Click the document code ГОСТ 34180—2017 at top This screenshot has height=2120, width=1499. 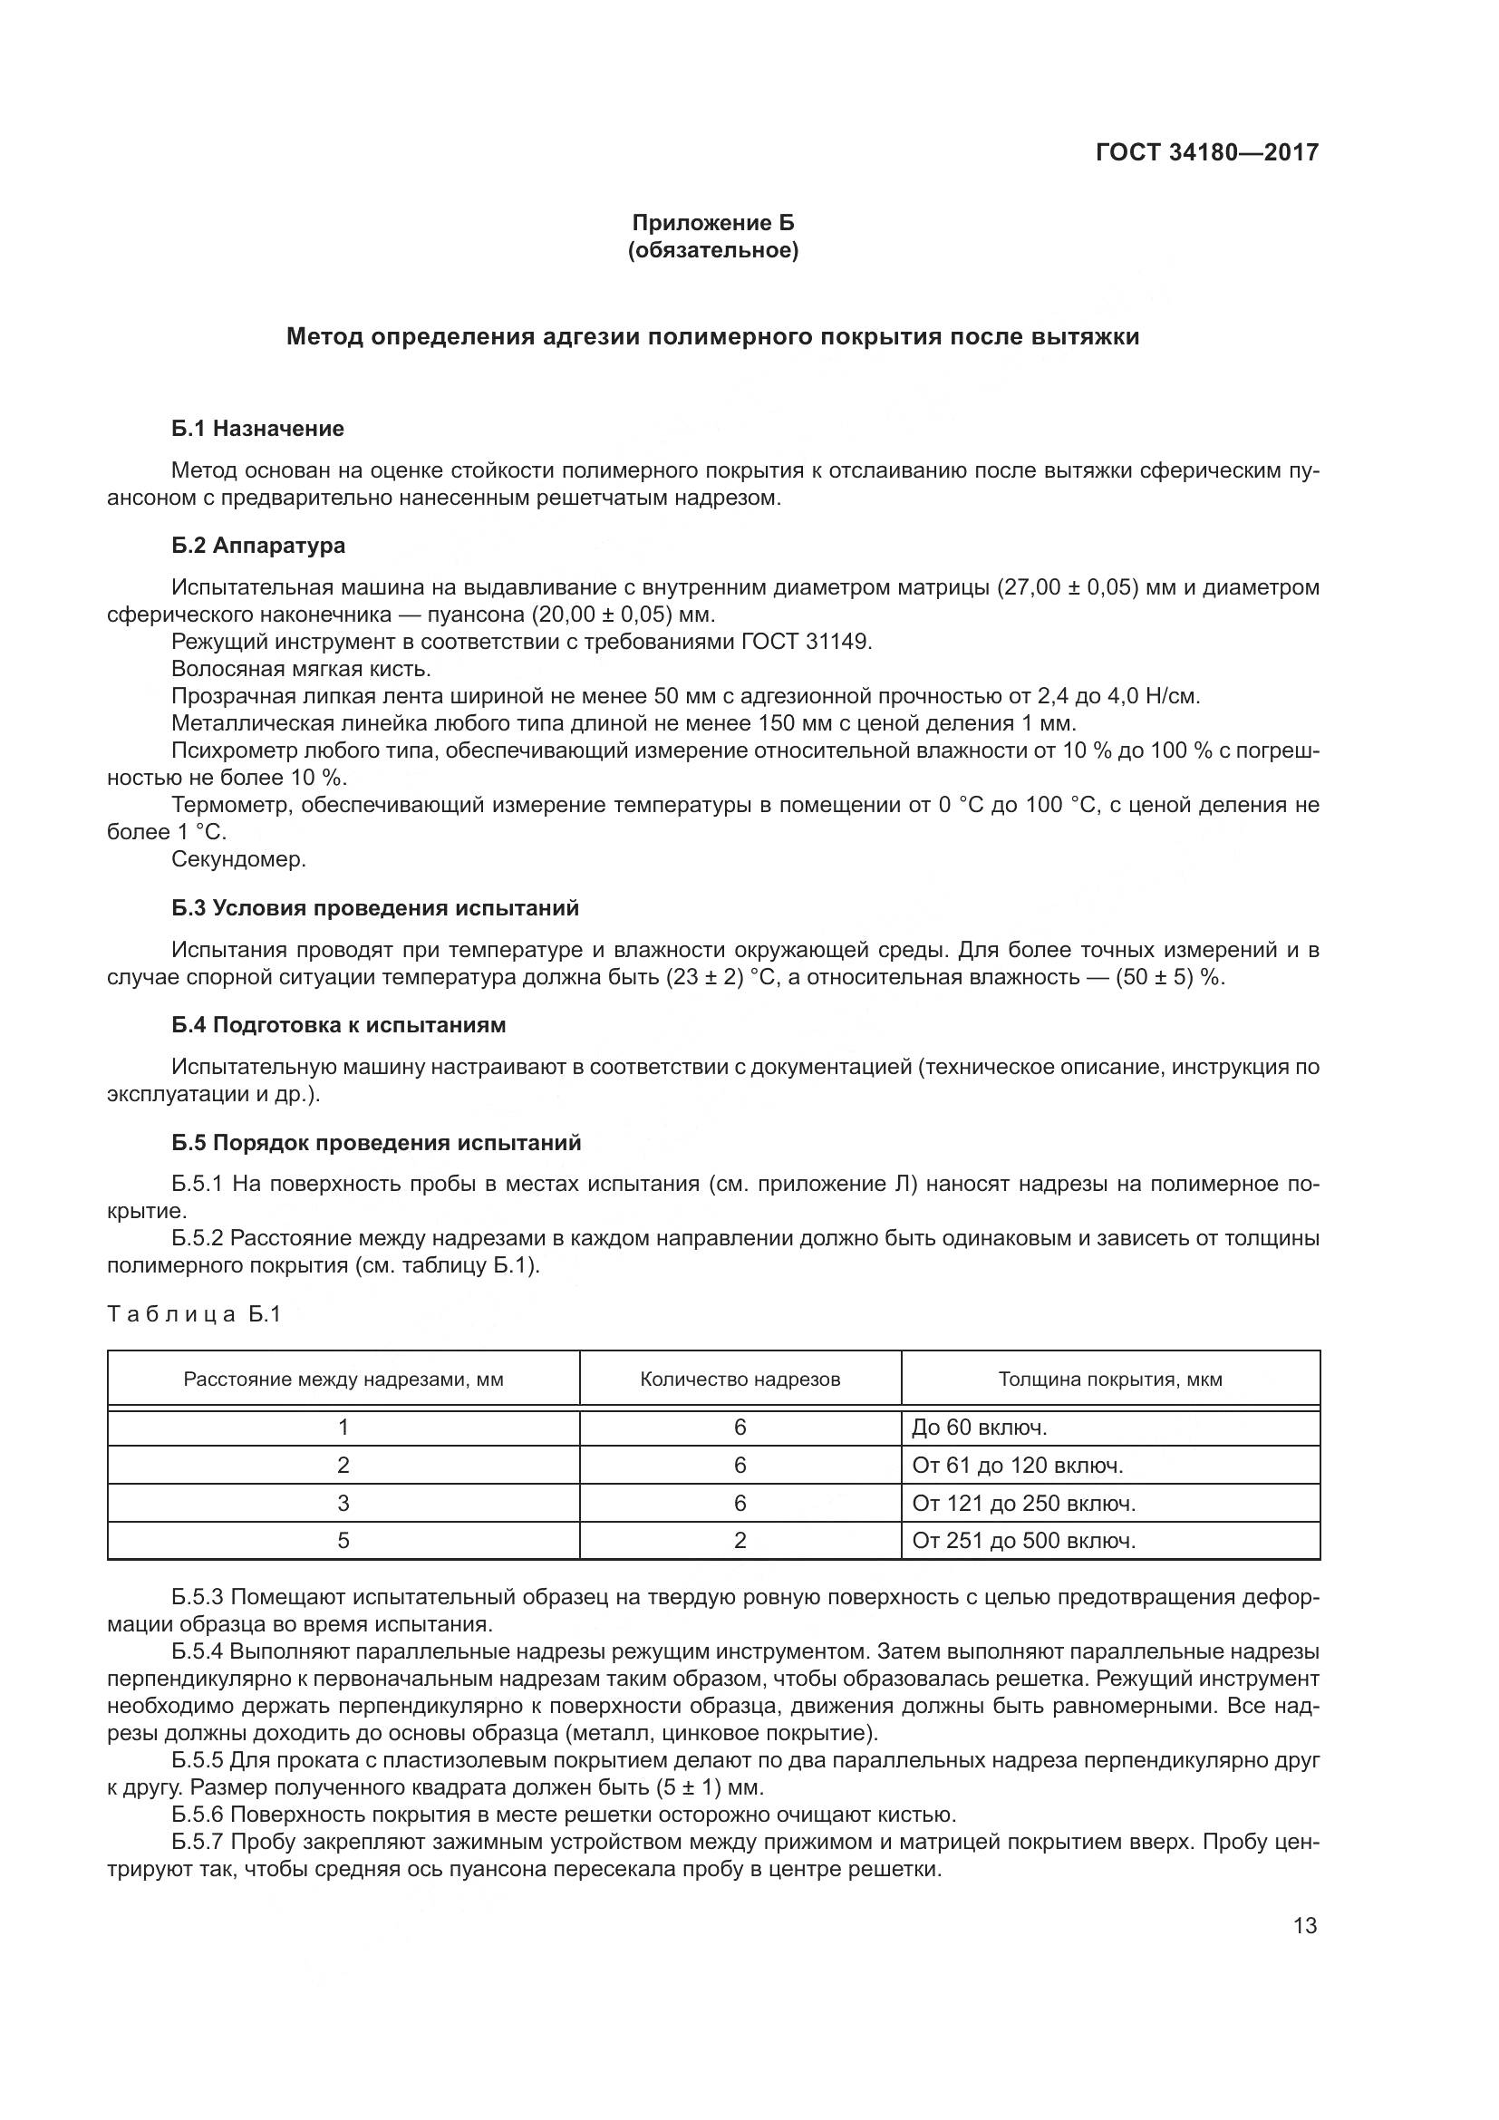[1206, 152]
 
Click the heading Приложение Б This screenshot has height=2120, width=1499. [711, 223]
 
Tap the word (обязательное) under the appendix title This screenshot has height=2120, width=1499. [711, 250]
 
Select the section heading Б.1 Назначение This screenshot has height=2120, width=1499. [257, 429]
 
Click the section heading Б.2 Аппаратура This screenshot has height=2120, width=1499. [258, 545]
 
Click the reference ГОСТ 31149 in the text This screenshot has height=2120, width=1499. [805, 642]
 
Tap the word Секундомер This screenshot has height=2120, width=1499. [238, 858]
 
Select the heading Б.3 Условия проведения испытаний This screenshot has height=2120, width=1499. [375, 907]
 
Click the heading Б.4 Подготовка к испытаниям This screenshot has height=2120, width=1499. [338, 1025]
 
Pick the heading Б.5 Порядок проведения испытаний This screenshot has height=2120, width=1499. [376, 1142]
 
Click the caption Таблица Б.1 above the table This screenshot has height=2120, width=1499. [194, 1314]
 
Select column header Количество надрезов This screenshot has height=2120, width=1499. [740, 1379]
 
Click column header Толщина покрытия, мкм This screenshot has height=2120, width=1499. [1109, 1379]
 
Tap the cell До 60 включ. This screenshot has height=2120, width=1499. [979, 1428]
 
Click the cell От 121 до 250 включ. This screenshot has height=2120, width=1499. [1022, 1503]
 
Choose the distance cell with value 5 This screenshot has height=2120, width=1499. [343, 1540]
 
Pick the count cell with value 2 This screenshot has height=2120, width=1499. [740, 1540]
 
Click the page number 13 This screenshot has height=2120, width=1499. [1304, 1925]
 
